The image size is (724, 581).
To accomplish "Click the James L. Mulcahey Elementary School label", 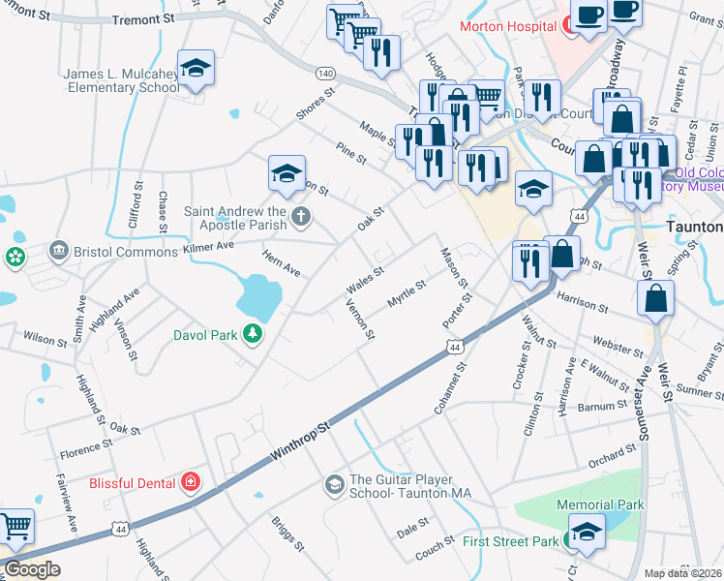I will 121,80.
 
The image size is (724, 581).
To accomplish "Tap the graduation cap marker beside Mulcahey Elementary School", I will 196,67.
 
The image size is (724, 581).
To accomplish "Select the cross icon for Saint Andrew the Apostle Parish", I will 301,215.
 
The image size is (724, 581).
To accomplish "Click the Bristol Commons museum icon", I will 59,252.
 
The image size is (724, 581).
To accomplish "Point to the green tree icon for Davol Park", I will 253,334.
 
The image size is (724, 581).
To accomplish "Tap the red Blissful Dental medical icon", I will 192,482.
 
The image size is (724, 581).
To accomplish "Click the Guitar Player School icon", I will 334,484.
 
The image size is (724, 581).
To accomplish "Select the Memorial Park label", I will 600,505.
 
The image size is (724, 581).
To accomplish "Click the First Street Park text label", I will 511,541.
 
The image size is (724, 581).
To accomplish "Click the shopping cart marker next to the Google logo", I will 16,527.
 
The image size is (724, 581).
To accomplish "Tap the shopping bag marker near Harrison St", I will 655,298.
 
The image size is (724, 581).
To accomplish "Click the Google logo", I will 32,569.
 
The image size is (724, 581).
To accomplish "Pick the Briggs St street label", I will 288,532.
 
